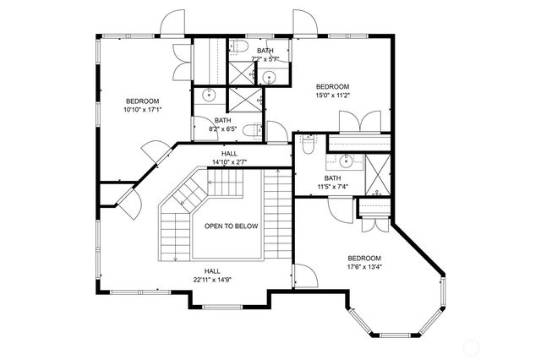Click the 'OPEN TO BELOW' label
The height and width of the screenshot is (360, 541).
coord(231,226)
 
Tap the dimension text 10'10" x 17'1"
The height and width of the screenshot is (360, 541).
coord(142,110)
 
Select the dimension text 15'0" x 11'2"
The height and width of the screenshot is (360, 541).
coord(333,96)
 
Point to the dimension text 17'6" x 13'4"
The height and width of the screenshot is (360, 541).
coord(364,267)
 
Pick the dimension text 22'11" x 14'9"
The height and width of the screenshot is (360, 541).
coord(212,280)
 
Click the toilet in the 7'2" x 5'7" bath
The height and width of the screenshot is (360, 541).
coord(239,46)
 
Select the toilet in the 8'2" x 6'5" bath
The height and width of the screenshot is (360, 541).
coord(251,131)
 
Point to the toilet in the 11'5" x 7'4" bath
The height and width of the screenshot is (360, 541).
coord(308,148)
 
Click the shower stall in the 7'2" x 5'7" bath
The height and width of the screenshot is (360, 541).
coord(243,74)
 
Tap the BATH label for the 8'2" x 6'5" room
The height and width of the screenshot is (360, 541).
coord(222,121)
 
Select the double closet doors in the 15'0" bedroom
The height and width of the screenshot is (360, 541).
coord(358,123)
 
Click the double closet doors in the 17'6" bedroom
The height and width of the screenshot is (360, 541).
coord(369,221)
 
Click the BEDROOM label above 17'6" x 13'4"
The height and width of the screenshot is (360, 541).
coord(364,258)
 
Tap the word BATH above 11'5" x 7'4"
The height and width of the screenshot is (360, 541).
coord(332,178)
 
